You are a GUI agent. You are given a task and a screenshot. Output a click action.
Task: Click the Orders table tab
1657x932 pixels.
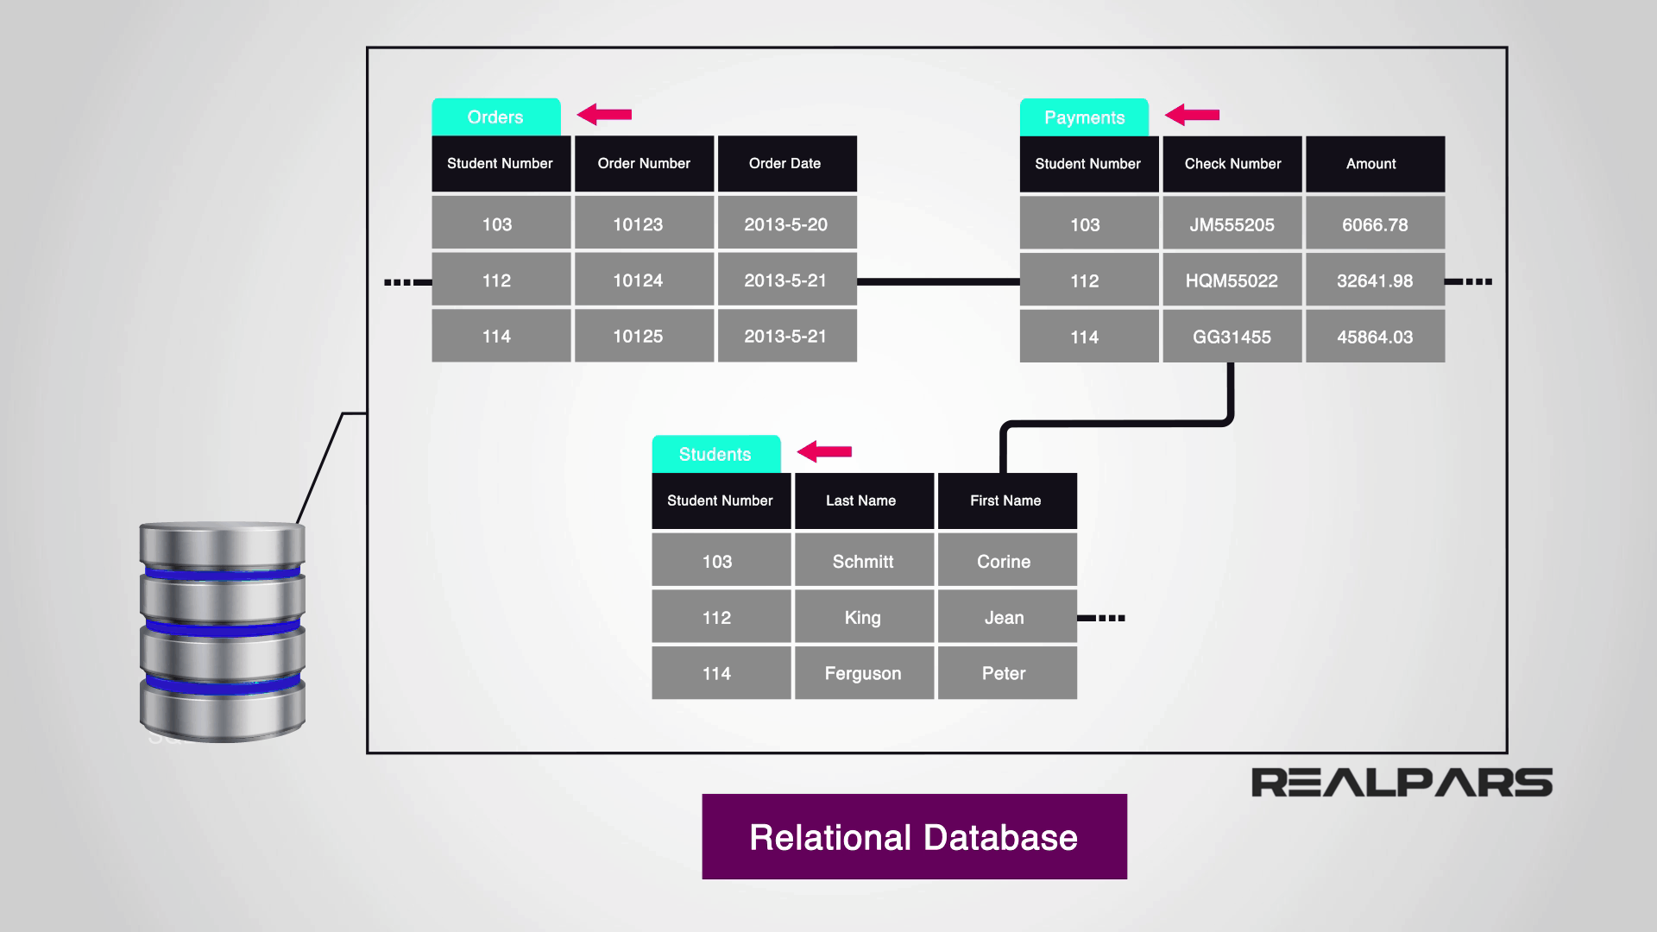495,117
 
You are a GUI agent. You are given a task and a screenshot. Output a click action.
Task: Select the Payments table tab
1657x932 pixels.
1084,117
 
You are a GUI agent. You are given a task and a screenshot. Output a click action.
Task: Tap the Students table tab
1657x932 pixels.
715,454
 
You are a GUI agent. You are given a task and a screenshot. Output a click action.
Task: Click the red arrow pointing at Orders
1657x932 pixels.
604,114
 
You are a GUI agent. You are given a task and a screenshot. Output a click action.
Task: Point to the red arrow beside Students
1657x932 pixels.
824,451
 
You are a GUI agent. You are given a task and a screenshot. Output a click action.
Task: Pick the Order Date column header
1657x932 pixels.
786,163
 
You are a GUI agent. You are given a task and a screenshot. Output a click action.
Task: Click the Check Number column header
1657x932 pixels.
1232,164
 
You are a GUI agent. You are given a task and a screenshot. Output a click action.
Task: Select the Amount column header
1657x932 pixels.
1374,164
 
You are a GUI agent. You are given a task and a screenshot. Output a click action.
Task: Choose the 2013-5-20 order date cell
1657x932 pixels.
786,224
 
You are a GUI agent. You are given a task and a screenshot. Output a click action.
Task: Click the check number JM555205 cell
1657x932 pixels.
1232,224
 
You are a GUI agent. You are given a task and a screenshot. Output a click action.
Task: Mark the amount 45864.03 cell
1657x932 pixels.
1374,337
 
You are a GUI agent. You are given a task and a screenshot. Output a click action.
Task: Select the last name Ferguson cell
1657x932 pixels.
863,673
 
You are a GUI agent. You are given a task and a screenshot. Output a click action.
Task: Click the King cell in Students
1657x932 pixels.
863,617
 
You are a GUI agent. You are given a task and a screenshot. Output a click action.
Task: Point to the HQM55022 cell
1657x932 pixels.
1232,280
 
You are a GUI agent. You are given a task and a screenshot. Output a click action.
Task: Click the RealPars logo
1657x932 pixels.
1402,783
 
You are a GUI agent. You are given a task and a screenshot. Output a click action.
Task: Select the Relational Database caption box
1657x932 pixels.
914,837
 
